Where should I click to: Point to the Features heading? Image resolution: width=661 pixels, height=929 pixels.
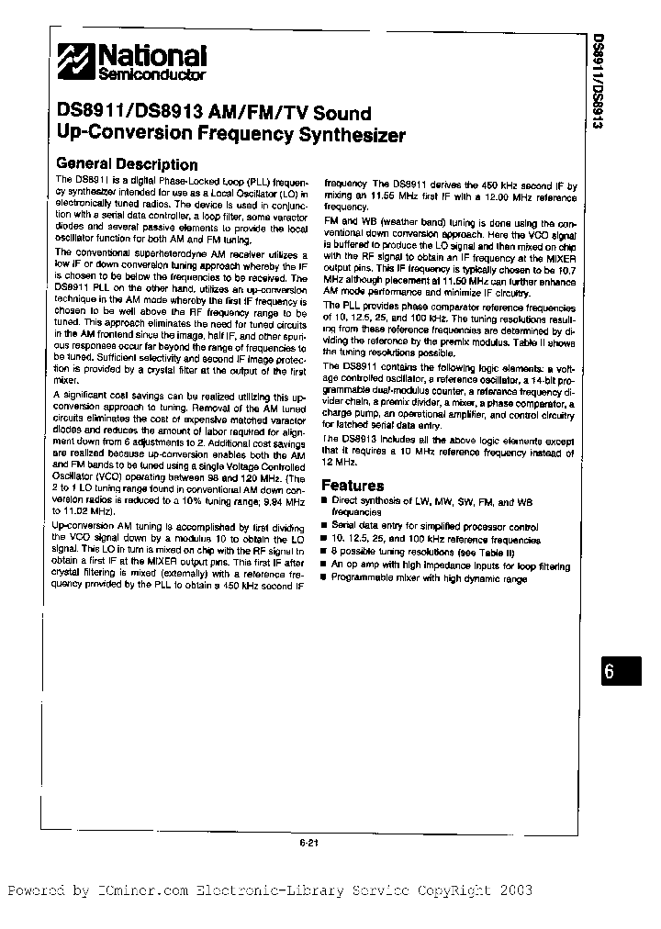click(x=353, y=486)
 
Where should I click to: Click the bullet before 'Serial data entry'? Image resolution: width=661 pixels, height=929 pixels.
click(x=323, y=528)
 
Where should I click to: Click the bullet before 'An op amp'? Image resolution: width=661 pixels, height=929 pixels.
click(x=323, y=565)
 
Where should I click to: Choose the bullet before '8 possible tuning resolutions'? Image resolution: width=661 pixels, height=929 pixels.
click(x=323, y=553)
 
